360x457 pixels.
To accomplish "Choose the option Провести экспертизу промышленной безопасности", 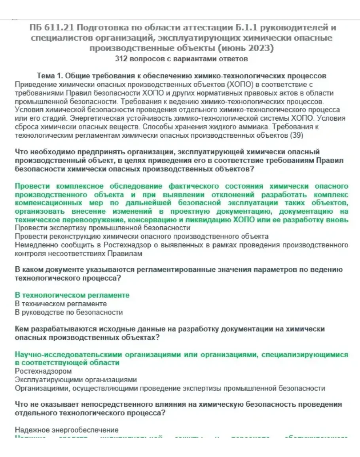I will coord(102,228).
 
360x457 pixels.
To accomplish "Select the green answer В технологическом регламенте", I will coord(72,295).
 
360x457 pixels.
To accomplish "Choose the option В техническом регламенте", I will coord(61,304).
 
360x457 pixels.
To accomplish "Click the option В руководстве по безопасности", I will coord(69,312).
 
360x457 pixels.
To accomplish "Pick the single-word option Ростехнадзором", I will coord(43,371).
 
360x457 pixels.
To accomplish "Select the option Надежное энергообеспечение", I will coord(66,430).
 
